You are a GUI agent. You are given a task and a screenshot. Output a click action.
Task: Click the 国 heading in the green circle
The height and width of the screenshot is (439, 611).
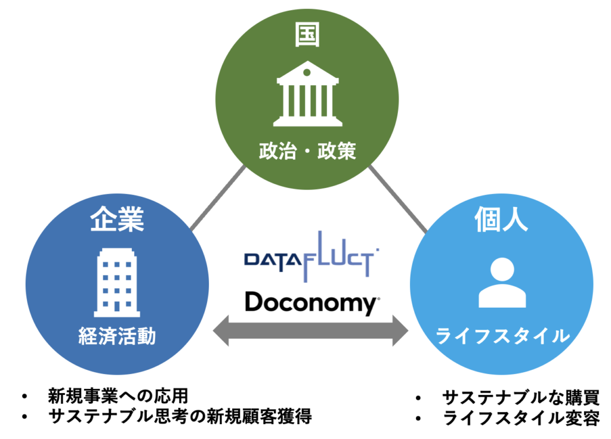(307, 35)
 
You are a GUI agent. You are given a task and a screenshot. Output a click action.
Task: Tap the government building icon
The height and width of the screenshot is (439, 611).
(307, 94)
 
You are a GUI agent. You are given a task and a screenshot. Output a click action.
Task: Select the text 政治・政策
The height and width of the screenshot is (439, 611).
(307, 151)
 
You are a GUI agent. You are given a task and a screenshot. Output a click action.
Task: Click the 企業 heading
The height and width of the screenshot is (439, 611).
(117, 219)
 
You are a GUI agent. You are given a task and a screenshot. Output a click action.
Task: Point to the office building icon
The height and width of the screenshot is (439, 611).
(117, 282)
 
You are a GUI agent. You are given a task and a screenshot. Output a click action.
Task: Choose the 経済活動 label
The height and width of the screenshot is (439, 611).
(117, 336)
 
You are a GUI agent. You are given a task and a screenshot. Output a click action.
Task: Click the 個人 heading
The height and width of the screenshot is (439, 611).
(501, 219)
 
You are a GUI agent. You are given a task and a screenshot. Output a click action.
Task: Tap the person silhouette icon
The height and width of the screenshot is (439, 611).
(502, 283)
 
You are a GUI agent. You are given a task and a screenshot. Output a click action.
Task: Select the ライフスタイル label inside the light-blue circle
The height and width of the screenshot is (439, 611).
(502, 336)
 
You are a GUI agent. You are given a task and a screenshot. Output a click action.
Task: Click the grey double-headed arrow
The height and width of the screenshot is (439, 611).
(310, 330)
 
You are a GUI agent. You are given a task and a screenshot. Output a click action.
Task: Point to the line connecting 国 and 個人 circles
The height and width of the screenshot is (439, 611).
(398, 199)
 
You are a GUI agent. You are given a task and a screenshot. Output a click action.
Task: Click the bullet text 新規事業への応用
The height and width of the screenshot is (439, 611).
(118, 396)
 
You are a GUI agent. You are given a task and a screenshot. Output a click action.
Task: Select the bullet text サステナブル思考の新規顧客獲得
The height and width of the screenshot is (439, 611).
(180, 416)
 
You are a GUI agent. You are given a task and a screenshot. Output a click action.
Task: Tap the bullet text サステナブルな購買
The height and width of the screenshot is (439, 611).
(520, 398)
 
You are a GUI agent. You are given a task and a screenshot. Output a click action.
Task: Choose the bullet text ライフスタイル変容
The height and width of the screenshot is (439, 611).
(521, 418)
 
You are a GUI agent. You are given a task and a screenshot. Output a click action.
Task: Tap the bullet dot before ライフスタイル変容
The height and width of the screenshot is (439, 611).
(419, 419)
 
